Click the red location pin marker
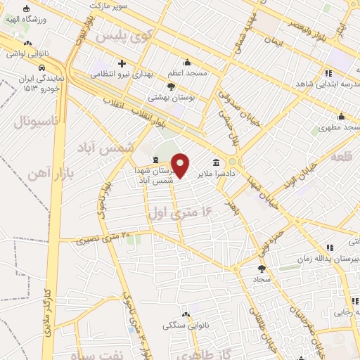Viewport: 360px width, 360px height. pyautogui.click(x=181, y=165)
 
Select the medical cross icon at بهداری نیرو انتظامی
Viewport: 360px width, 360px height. pyautogui.click(x=123, y=63)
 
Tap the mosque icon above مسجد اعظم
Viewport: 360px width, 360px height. pyautogui.click(x=187, y=63)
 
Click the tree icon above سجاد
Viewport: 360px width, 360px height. pyautogui.click(x=262, y=268)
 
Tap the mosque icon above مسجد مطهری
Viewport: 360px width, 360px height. pyautogui.click(x=341, y=117)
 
